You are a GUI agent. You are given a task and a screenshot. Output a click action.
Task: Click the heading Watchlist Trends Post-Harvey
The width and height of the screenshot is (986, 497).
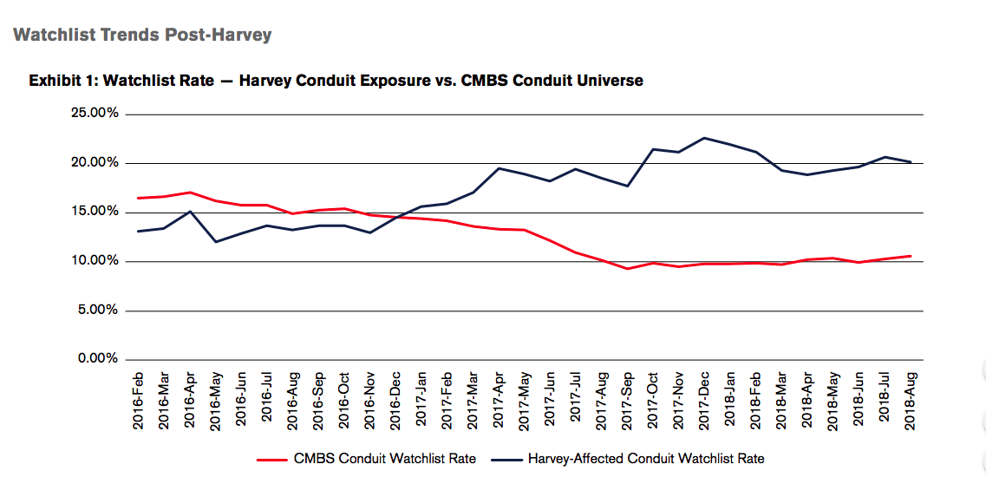[142, 36]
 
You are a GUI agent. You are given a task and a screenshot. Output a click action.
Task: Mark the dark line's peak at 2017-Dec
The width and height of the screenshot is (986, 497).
[704, 138]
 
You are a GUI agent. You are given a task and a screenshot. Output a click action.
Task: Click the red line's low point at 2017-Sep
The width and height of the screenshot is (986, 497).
[627, 269]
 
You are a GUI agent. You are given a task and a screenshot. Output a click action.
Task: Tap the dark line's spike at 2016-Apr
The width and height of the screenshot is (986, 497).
[191, 212]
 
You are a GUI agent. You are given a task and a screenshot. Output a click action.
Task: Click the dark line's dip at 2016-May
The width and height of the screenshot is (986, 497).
[216, 241]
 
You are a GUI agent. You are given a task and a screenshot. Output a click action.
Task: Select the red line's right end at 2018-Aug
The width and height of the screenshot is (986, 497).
[911, 256]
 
